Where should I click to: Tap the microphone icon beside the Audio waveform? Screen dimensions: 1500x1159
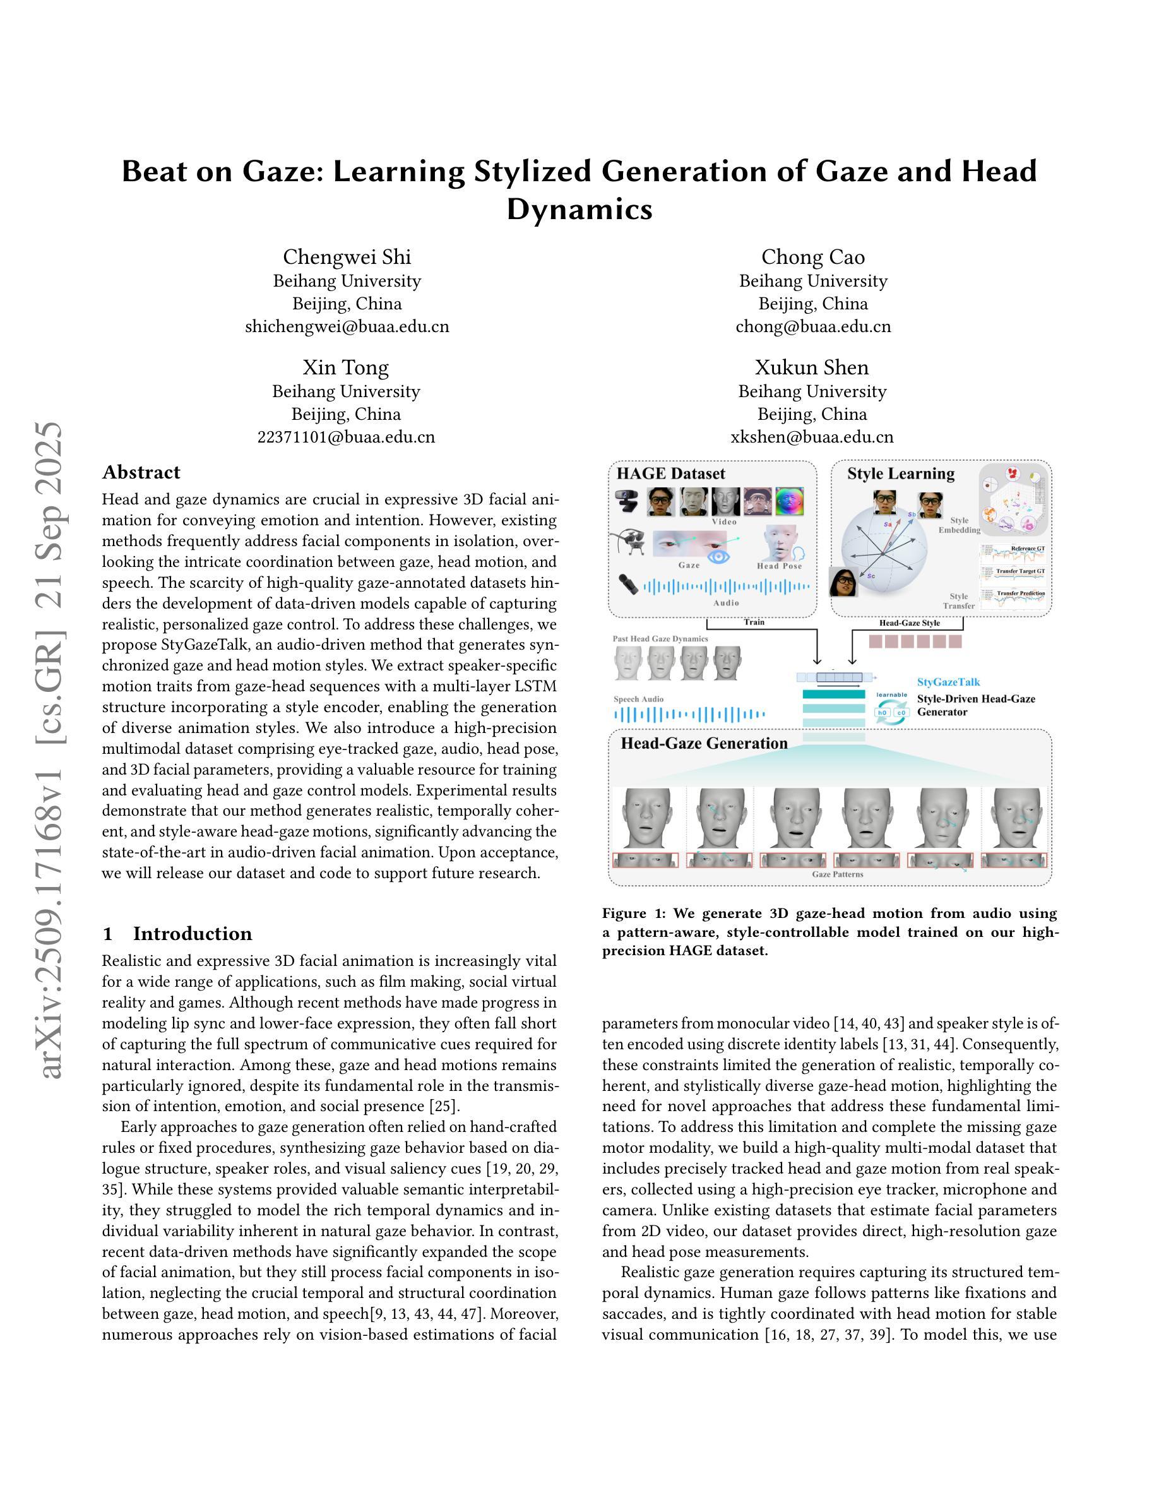627,585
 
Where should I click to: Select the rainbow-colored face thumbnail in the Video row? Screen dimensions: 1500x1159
790,501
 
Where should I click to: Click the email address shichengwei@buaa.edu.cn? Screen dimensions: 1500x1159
347,326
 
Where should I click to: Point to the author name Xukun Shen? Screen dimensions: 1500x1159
812,367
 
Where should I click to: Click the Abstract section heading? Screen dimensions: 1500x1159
141,472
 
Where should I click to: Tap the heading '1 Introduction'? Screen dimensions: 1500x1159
177,933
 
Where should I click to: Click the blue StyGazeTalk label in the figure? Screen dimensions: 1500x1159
948,682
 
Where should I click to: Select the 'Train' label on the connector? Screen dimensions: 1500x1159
754,622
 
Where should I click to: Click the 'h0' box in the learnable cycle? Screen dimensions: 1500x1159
883,713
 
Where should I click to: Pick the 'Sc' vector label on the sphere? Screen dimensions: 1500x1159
871,576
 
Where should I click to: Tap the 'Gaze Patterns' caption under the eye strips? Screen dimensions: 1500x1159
838,874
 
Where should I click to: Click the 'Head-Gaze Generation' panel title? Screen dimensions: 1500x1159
704,743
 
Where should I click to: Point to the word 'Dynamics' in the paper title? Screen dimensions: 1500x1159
579,209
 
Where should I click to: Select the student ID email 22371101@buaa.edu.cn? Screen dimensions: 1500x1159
346,437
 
